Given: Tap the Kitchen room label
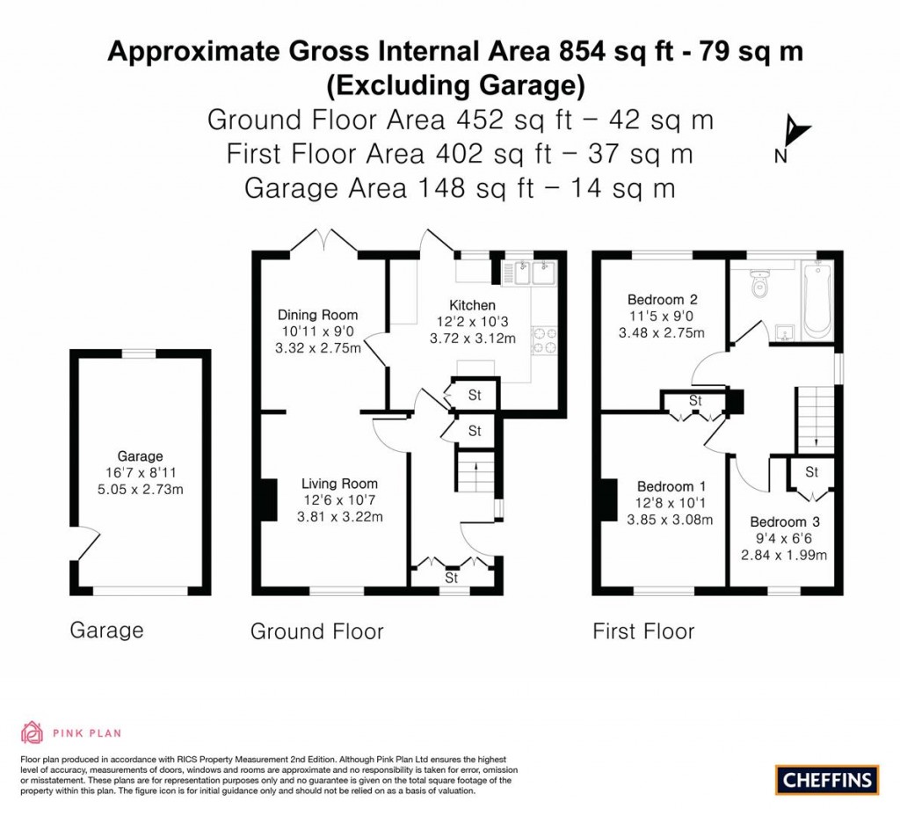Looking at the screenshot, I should tap(473, 305).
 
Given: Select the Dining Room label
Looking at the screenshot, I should tap(318, 315).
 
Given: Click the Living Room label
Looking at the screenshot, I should tap(339, 484).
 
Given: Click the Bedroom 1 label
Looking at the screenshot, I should tap(672, 486).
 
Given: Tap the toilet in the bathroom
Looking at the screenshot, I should tap(758, 283).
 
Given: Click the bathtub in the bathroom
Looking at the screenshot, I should tap(817, 299).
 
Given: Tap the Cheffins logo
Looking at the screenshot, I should tap(826, 779).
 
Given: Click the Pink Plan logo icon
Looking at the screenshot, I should tap(32, 732).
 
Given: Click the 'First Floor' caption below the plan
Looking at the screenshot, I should tap(643, 631).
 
